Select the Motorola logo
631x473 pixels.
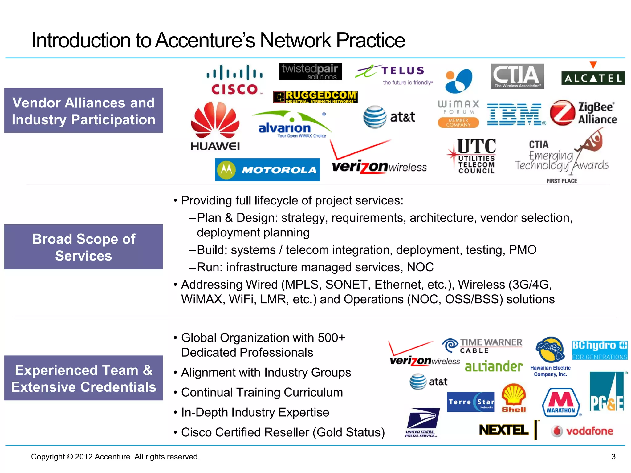pyautogui.click(x=267, y=170)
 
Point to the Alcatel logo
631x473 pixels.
pyautogui.click(x=593, y=75)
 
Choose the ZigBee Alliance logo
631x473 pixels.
pyautogui.click(x=583, y=113)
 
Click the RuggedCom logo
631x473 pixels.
pyautogui.click(x=315, y=97)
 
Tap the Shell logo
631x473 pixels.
pyautogui.click(x=514, y=398)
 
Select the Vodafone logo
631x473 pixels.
pyautogui.click(x=582, y=431)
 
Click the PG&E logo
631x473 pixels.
pyautogui.click(x=607, y=392)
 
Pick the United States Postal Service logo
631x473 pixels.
pyautogui.click(x=422, y=422)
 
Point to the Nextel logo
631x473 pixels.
pyautogui.click(x=504, y=430)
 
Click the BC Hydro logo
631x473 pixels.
pyautogui.click(x=599, y=350)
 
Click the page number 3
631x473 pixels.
pyautogui.click(x=613, y=457)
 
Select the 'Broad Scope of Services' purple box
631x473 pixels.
pyautogui.click(x=83, y=247)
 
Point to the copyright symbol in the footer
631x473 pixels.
pyautogui.click(x=70, y=457)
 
